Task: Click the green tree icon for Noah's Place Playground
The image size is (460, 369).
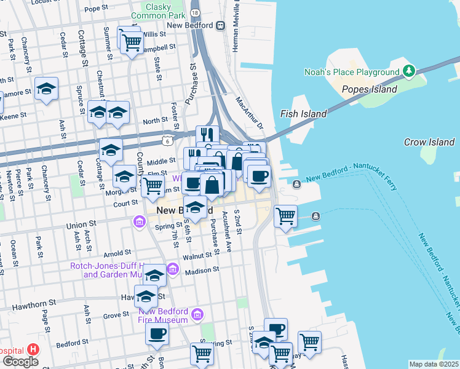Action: tap(409, 71)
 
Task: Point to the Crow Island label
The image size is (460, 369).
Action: tap(429, 142)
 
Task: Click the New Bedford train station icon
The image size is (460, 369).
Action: tap(221, 25)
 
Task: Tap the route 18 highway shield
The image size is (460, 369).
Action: tap(195, 12)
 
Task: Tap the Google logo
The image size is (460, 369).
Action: tap(20, 361)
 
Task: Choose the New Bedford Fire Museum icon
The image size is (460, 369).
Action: tap(197, 315)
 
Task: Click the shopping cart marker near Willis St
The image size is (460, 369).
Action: tap(131, 42)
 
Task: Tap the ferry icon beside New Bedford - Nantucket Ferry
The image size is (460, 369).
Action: tap(296, 184)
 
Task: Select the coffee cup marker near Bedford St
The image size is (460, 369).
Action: tap(157, 334)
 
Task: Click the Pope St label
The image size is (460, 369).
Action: tap(96, 9)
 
